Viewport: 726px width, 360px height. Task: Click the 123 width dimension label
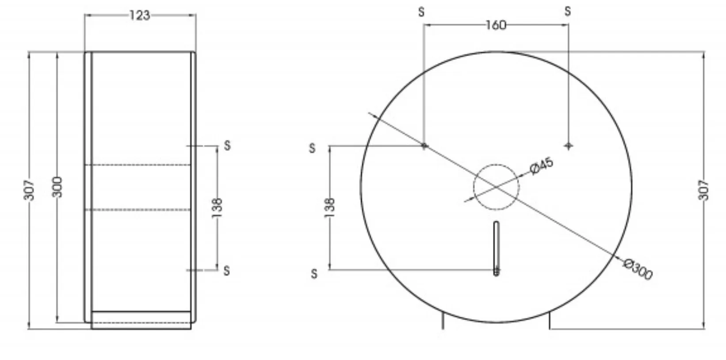point(140,15)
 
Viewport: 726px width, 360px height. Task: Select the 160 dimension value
point(496,25)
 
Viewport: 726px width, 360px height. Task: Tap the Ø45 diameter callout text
point(542,166)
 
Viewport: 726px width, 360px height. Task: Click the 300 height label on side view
point(57,187)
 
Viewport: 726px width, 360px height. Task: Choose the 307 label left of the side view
point(29,190)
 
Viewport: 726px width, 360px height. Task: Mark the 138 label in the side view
point(217,208)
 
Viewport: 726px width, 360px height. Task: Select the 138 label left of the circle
point(329,208)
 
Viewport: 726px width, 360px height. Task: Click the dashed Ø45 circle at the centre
point(474,187)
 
